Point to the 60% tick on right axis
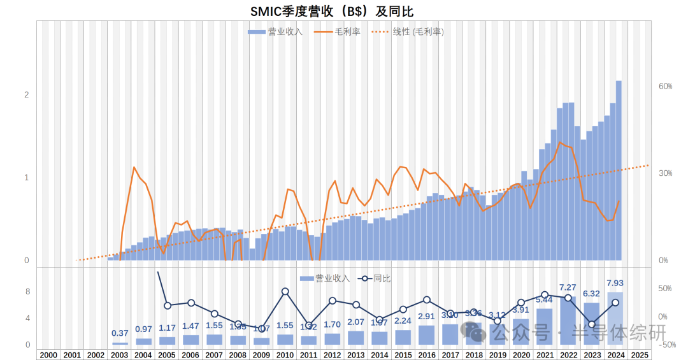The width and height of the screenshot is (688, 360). click(666, 87)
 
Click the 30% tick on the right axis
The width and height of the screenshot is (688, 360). click(666, 173)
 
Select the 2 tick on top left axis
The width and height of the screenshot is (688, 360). click(27, 95)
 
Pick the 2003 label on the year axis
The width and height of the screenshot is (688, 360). click(120, 355)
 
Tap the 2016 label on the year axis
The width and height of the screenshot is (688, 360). click(426, 355)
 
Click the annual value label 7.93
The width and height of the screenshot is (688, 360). click(615, 283)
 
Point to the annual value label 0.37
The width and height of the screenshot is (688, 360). click(120, 333)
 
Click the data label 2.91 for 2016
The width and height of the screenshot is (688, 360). click(426, 316)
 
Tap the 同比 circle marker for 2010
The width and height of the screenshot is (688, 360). click(285, 292)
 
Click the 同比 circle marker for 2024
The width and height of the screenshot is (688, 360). click(615, 303)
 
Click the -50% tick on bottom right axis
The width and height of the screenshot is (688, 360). click(666, 345)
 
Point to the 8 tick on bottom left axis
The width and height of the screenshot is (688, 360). click(27, 292)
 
